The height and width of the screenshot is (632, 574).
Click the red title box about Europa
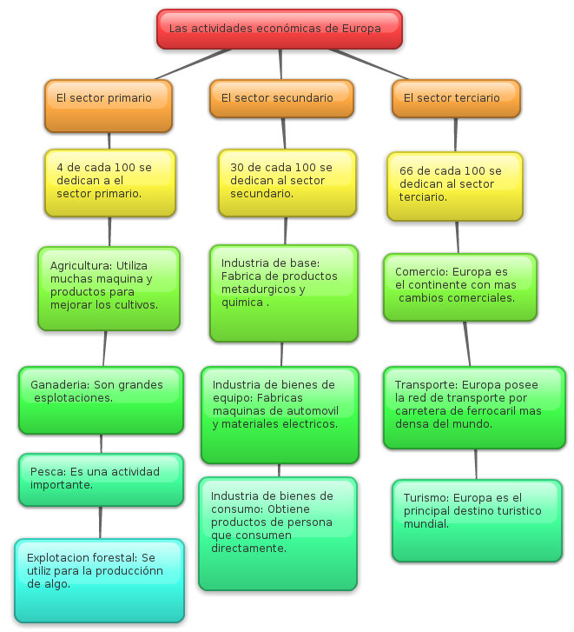click(279, 29)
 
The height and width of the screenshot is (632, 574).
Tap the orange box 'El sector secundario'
click(280, 98)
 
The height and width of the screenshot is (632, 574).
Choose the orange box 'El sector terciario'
click(456, 98)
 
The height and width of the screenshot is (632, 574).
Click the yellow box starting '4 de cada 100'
click(110, 182)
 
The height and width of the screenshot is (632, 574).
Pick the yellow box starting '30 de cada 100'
click(286, 182)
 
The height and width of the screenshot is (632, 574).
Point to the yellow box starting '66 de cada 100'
click(455, 185)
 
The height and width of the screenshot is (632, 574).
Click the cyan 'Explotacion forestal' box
click(99, 580)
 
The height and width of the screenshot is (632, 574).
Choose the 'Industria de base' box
click(284, 292)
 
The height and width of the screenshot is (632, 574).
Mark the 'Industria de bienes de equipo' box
click(280, 415)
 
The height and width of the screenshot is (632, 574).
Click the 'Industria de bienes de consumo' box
click(277, 533)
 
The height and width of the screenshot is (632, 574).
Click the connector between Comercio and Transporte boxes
click(467, 343)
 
